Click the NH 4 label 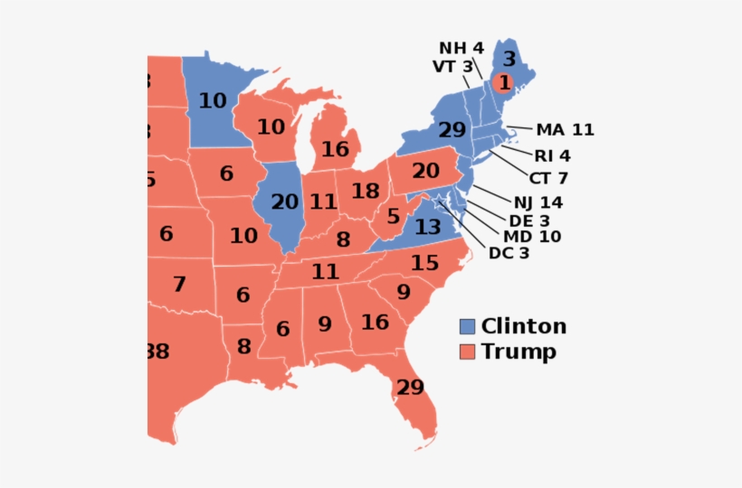pos(462,47)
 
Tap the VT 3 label pos(452,66)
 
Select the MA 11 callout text pos(565,129)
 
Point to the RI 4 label pos(552,155)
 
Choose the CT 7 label pos(548,178)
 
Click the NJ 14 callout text pos(538,202)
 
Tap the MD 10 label pos(532,237)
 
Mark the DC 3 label pos(509,253)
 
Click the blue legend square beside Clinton pos(467,326)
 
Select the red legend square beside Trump pos(467,352)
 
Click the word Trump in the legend pos(518,352)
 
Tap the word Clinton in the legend pos(524,326)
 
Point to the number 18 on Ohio pos(365,191)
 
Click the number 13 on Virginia pos(427,227)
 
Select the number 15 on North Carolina pos(424,263)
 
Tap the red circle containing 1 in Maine pos(504,83)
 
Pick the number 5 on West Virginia pos(393,217)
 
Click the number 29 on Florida pos(409,387)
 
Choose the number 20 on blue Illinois pos(283,202)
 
